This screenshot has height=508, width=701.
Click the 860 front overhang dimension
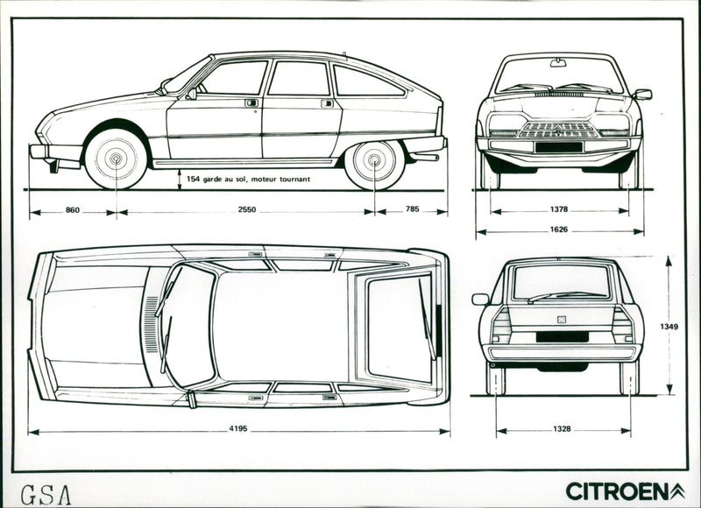click(73, 211)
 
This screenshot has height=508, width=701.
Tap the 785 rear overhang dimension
click(410, 211)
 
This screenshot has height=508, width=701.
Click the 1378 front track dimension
click(559, 210)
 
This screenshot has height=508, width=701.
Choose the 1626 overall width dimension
click(559, 230)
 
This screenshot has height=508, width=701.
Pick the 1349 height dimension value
click(669, 327)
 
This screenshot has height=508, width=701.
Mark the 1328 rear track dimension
click(562, 429)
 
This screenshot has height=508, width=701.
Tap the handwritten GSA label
click(46, 493)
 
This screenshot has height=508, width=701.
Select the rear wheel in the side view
click(375, 160)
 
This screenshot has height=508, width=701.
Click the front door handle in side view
click(251, 102)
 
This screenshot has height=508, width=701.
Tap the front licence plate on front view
click(559, 146)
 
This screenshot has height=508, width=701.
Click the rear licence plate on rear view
click(562, 336)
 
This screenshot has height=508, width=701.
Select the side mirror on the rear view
click(480, 299)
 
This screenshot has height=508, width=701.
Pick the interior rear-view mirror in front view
click(558, 63)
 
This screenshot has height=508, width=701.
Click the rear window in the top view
click(399, 326)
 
